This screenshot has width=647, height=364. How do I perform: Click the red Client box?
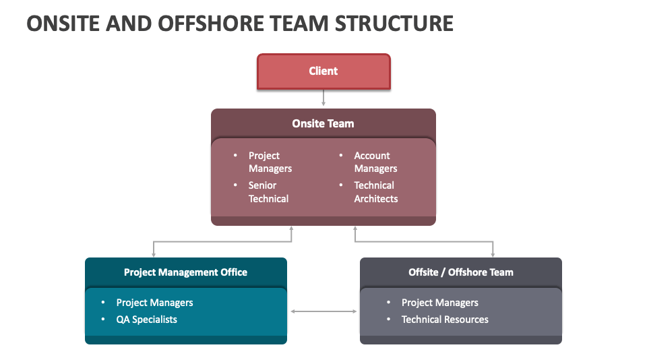click(323, 71)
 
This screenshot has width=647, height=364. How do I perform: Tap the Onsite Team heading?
click(323, 123)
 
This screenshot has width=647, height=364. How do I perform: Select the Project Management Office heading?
click(185, 272)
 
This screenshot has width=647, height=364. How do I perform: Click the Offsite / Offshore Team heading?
click(460, 272)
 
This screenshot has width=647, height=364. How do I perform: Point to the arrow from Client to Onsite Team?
click(323, 98)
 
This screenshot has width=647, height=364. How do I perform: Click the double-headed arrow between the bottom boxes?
click(323, 311)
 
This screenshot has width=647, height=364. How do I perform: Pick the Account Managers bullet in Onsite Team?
click(375, 162)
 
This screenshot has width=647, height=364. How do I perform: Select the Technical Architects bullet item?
click(375, 192)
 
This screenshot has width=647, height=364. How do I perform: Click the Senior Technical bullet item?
click(268, 192)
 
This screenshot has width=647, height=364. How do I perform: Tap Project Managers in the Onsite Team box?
click(270, 162)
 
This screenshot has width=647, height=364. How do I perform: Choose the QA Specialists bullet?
click(146, 320)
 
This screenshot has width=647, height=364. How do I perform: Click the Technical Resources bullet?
click(445, 320)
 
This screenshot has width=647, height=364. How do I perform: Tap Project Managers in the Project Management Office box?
click(154, 303)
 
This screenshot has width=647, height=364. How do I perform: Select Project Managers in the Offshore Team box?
click(439, 303)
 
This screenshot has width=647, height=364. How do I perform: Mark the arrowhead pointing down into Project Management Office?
click(154, 253)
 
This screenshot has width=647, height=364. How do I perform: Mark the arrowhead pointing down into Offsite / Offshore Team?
click(493, 253)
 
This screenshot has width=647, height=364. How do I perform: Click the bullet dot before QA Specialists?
click(103, 320)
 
